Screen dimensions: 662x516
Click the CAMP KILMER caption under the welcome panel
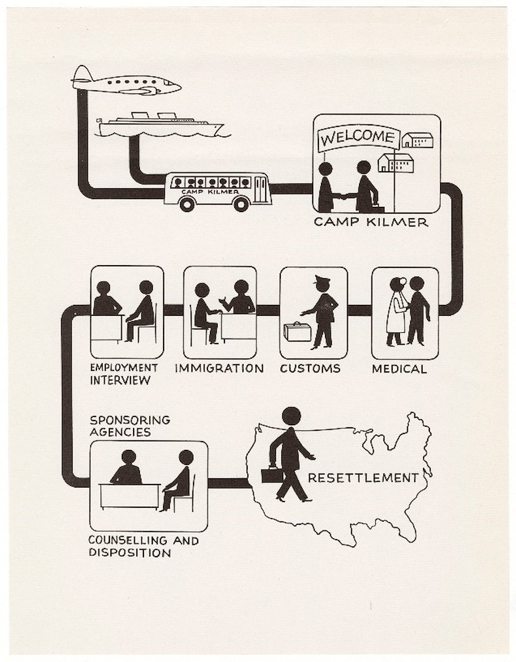[x=371, y=223]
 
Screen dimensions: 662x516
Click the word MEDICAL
[x=399, y=369]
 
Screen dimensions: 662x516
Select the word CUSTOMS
[x=310, y=368]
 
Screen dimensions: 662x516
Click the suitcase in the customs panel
[x=297, y=332]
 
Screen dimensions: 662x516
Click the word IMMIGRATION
[x=219, y=368]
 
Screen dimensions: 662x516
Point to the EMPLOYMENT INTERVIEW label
[x=123, y=374]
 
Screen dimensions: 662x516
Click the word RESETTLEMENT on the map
[x=363, y=478]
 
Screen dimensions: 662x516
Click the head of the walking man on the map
[x=292, y=416]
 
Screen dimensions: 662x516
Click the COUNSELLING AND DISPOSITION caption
[x=143, y=547]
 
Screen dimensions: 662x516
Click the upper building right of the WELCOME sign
[x=417, y=139]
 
